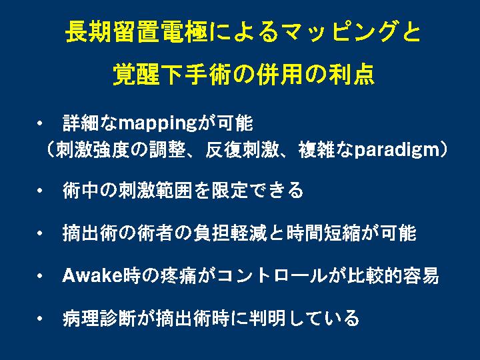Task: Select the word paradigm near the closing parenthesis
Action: pyautogui.click(x=397, y=150)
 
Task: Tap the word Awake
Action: pyautogui.click(x=92, y=275)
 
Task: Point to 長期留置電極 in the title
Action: pyautogui.click(x=136, y=32)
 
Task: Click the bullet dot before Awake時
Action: pyautogui.click(x=39, y=276)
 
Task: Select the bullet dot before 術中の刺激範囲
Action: pyautogui.click(x=39, y=191)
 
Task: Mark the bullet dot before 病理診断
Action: pyautogui.click(x=39, y=319)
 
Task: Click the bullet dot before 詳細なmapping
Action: pyautogui.click(x=39, y=124)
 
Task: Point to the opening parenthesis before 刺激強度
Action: pyautogui.click(x=50, y=150)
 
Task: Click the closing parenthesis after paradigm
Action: pyautogui.click(x=444, y=150)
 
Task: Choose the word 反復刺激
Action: pyautogui.click(x=242, y=150)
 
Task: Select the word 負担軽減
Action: pyautogui.click(x=231, y=233)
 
